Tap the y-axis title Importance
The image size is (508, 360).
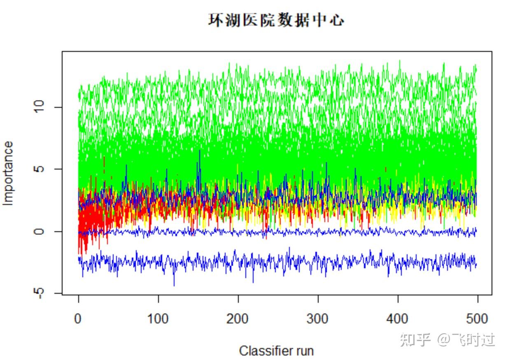(x=8, y=173)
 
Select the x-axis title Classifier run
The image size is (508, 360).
(x=276, y=351)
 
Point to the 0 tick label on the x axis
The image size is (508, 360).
(x=78, y=319)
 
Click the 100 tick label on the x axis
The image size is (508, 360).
(x=158, y=319)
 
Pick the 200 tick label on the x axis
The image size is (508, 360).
(x=238, y=319)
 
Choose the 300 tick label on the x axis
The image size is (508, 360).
(x=318, y=319)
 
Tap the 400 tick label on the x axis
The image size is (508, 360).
(x=398, y=319)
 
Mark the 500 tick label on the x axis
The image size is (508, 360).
(x=477, y=319)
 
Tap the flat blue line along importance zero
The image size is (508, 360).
(x=288, y=232)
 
